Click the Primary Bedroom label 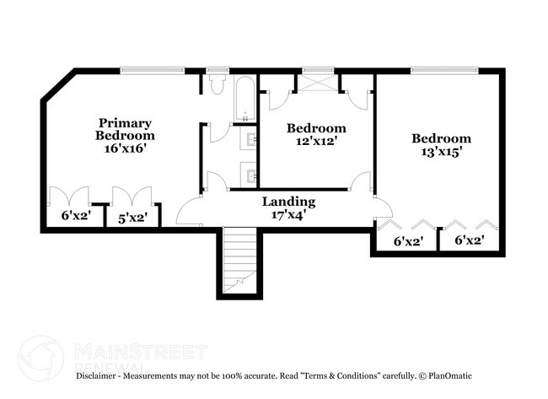[125, 128]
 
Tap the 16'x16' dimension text [125, 147]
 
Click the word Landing [288, 202]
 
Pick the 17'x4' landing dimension [288, 214]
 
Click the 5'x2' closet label [132, 218]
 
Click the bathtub [244, 100]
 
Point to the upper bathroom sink [252, 140]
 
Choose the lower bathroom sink [252, 175]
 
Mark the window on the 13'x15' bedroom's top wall [444, 71]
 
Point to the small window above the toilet [218, 71]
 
